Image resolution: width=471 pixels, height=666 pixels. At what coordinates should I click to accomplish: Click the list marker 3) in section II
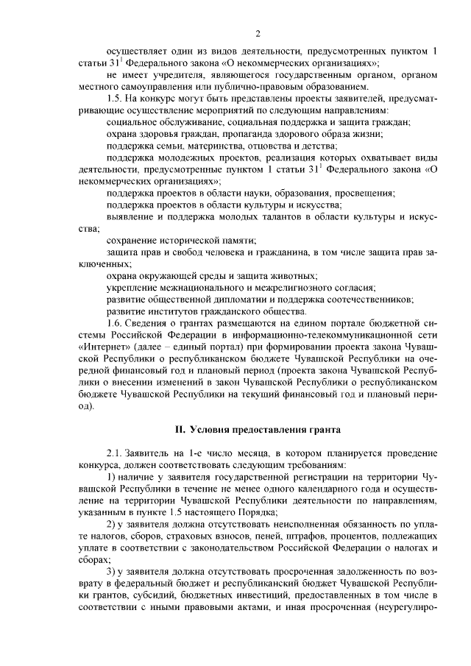[x=112, y=571]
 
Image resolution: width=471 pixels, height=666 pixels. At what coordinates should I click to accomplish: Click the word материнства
[x=191, y=146]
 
